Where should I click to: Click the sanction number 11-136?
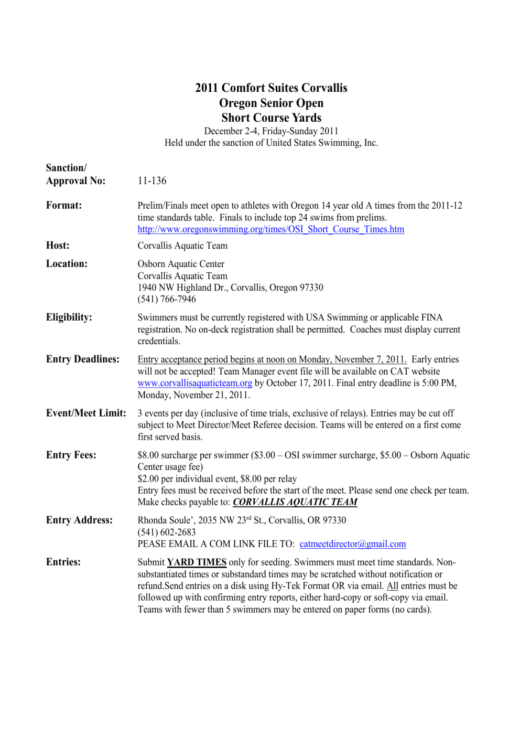point(151,181)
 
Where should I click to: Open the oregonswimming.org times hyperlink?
point(270,229)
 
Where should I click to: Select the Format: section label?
point(64,206)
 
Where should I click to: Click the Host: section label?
point(58,246)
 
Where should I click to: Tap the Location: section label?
point(67,264)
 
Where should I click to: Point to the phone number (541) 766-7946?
point(167,299)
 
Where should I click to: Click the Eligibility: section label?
point(69,317)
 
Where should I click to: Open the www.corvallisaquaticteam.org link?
point(194,383)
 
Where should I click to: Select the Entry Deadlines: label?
point(83,359)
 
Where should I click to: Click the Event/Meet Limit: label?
point(86,413)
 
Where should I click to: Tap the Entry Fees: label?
point(71,455)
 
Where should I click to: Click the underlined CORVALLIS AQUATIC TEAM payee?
point(295,502)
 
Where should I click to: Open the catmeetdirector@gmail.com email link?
point(352,544)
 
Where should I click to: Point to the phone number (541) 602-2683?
point(167,532)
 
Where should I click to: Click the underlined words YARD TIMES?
point(197,562)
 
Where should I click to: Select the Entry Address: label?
point(79,520)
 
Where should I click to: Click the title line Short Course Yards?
point(271,118)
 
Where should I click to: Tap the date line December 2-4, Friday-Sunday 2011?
point(271,131)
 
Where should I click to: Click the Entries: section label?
point(63,562)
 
